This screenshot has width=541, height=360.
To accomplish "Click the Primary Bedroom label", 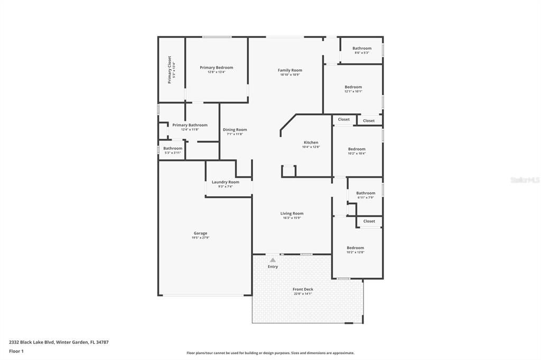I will tap(216, 68).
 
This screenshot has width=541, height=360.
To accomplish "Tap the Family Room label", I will tap(290, 70).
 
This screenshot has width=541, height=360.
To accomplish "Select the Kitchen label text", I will tap(311, 143).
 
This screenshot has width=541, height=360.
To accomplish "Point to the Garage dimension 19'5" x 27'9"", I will tap(200, 238).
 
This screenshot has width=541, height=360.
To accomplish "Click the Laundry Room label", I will tap(226, 182).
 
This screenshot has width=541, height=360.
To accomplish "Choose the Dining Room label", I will tap(235, 129).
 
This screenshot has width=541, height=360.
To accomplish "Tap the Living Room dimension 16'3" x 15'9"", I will tap(292, 218).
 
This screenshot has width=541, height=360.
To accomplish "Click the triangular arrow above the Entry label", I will tap(273, 260).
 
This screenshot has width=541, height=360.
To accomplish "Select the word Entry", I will tap(273, 267).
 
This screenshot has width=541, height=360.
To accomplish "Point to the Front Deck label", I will tap(303, 289).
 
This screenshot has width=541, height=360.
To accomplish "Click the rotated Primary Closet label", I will tap(170, 70).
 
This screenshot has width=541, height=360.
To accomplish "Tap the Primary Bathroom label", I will tap(190, 125).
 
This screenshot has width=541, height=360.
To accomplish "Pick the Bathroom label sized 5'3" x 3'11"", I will tap(173, 148).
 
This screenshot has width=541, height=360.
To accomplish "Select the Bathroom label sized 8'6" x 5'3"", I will tap(362, 49).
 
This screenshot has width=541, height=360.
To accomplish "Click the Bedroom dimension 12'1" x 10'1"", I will tap(353, 91).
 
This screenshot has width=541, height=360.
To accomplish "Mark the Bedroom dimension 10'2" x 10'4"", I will tap(357, 154).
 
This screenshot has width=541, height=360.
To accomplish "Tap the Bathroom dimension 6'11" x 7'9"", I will tap(366, 197).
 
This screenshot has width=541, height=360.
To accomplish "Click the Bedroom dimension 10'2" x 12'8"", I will tap(356, 252).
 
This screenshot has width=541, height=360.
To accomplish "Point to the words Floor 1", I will tap(17, 350).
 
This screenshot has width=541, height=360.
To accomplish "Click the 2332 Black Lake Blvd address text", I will tap(59, 342).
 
